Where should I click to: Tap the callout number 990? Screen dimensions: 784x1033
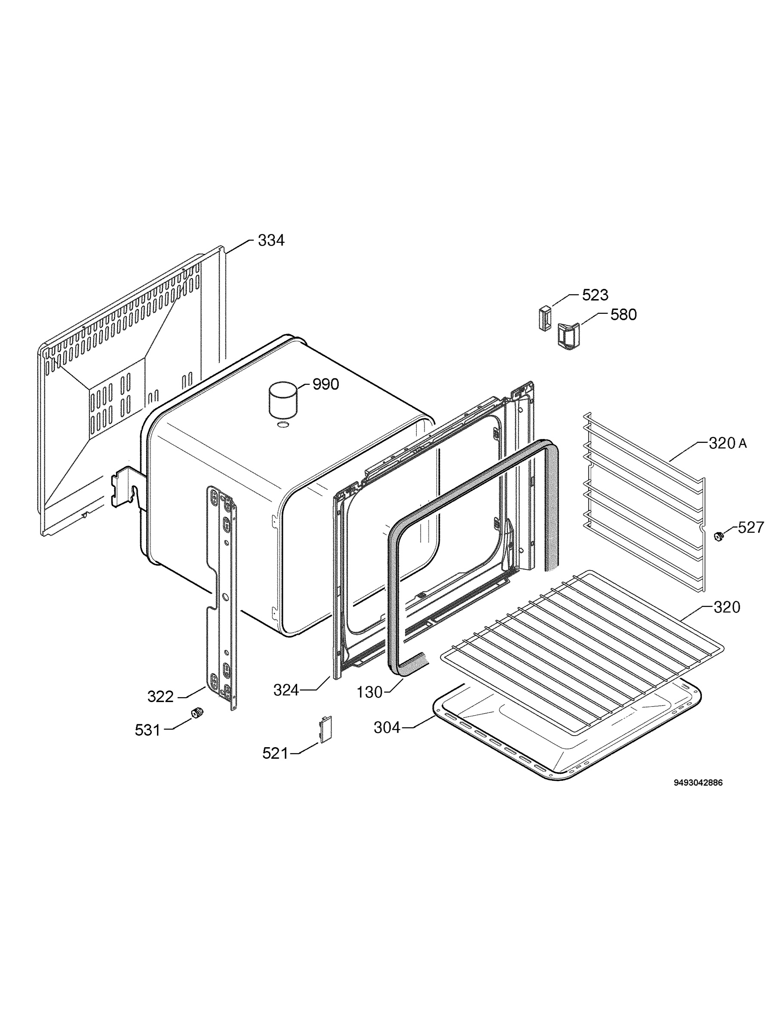pos(325,384)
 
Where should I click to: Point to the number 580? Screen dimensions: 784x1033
pos(624,315)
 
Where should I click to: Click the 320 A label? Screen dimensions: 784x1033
pos(728,443)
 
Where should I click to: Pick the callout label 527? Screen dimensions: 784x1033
pos(751,527)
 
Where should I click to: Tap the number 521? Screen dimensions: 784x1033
pos(275,753)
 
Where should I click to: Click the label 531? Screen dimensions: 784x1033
pos(148,730)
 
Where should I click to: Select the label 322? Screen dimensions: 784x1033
pos(160,697)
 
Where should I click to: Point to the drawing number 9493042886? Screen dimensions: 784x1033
pos(698,782)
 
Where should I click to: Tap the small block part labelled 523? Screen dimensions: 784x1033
pos(544,318)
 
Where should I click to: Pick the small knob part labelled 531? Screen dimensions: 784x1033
pos(197,713)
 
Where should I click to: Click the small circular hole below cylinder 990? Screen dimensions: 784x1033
pos(282,424)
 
